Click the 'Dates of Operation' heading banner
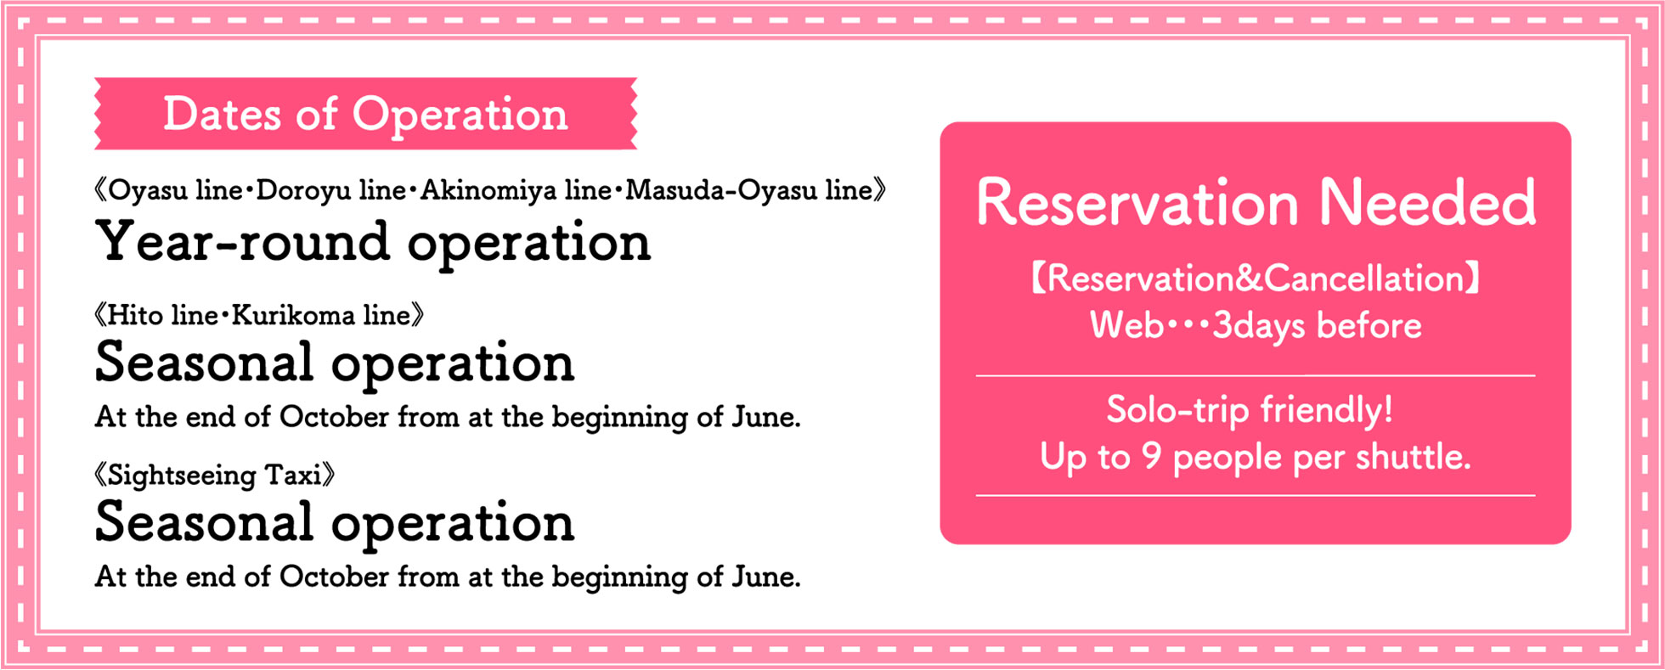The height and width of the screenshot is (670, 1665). click(365, 114)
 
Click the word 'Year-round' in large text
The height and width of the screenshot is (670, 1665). click(243, 243)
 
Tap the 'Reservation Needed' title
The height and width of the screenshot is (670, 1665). click(1256, 203)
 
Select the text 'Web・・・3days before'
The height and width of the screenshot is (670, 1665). click(1256, 326)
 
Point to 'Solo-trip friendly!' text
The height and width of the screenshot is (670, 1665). click(1250, 410)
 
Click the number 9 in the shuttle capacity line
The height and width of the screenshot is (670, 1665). click(1151, 456)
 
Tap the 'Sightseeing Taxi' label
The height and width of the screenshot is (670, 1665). click(214, 475)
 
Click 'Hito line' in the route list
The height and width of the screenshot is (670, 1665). click(163, 316)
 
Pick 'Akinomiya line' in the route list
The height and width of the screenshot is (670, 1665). click(516, 190)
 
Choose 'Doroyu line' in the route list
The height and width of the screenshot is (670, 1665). click(330, 190)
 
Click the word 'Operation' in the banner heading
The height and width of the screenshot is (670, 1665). click(460, 115)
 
